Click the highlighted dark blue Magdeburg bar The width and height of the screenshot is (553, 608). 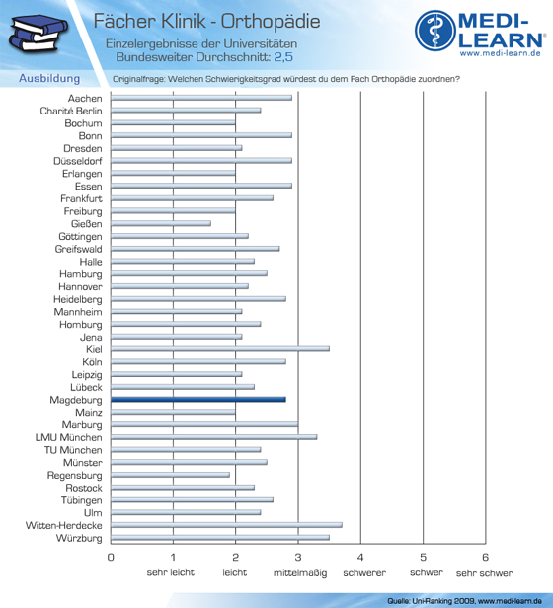coord(198,400)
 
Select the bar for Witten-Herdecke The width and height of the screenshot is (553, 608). coord(226,525)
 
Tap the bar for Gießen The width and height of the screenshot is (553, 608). coord(161,223)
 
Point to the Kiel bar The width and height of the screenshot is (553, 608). coord(220,349)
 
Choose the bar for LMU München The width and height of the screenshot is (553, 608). coord(214,437)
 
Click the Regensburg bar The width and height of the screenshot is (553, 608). coord(170,475)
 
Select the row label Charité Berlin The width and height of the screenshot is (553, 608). coord(71,111)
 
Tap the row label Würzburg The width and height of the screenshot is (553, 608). coord(79,538)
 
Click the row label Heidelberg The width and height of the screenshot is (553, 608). coord(78,299)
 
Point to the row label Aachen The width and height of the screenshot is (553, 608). coord(85,99)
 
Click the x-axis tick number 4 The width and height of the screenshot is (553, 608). coord(360,558)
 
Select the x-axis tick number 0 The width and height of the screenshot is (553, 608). coord(111,558)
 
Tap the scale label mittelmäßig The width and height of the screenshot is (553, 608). coord(300,573)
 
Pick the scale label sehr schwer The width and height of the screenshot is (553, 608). coord(484,573)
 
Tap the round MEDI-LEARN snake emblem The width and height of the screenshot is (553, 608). coord(435,31)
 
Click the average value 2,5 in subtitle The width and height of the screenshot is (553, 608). coord(283,57)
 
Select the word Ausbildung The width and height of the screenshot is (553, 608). coord(49,78)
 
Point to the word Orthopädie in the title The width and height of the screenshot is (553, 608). coord(271,22)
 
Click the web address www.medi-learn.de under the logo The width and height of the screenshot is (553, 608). coord(501,53)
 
